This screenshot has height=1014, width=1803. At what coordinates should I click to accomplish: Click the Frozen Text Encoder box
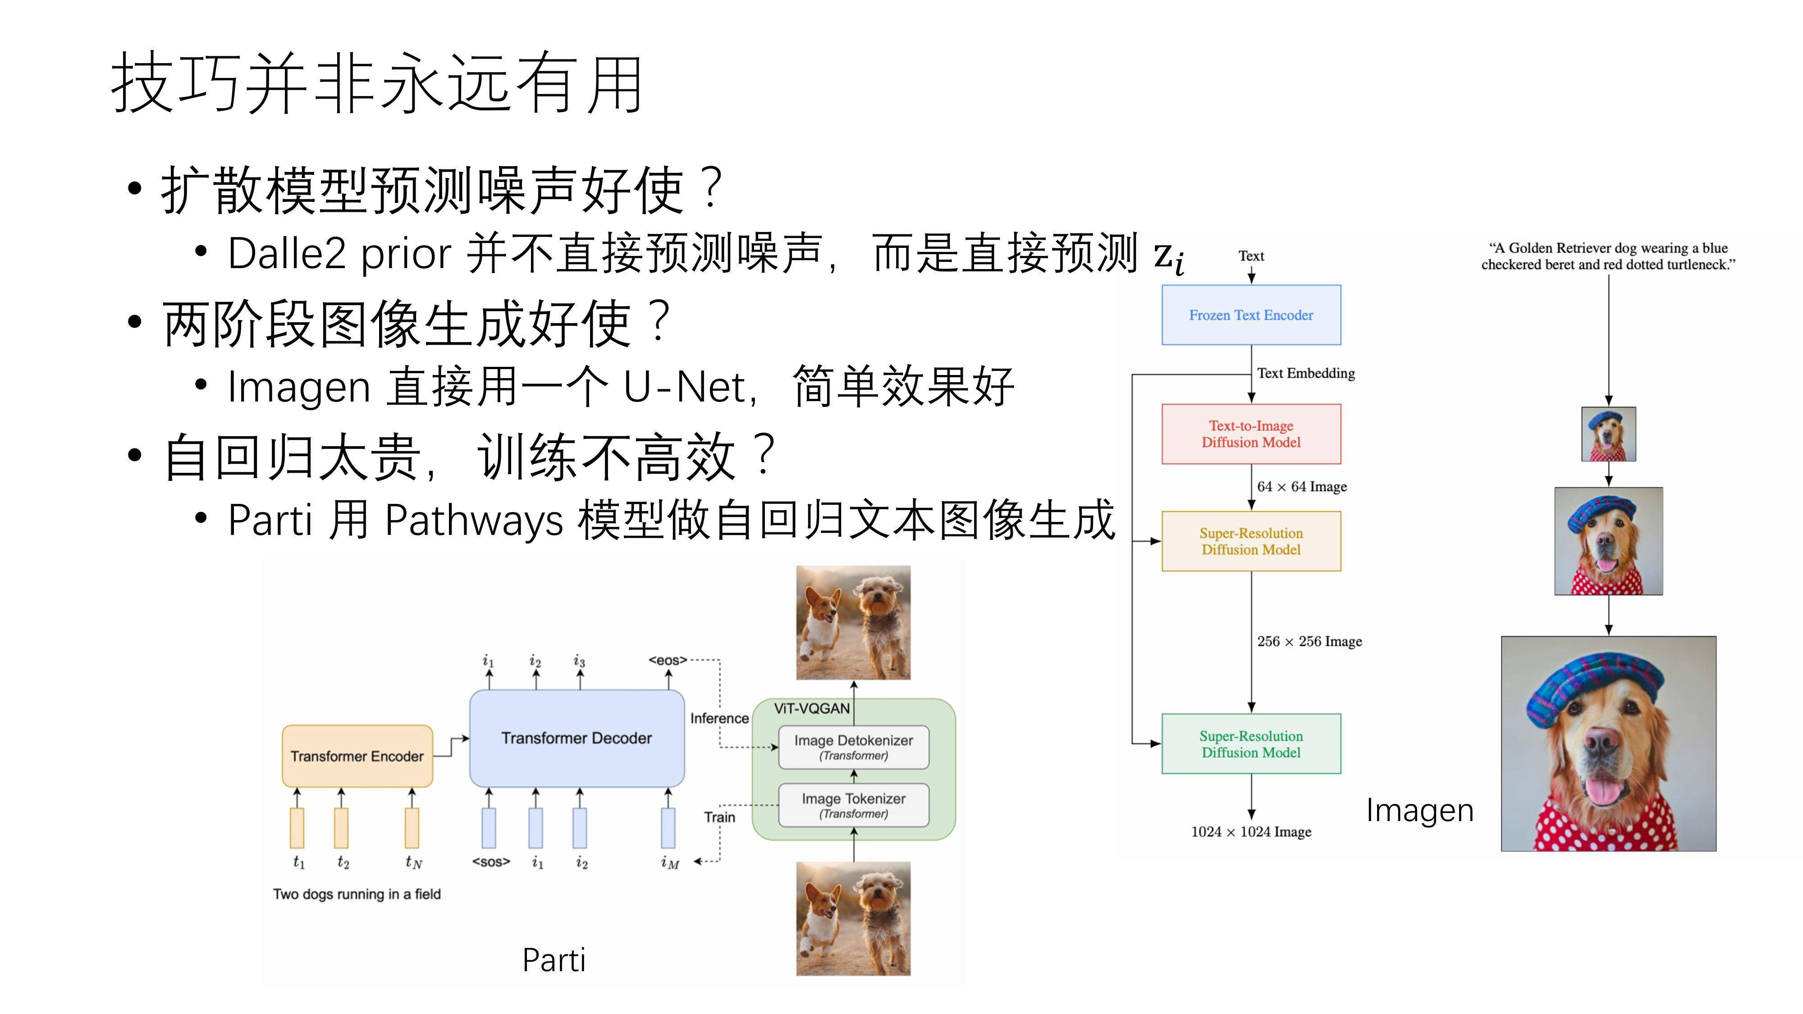1251,315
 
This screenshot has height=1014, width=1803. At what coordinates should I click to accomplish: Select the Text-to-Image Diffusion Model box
1251,434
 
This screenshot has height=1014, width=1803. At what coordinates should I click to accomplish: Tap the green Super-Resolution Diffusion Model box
1251,744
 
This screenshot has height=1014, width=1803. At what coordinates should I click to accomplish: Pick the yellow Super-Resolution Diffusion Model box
1251,541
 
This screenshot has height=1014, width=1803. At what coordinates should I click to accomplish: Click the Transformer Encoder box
357,756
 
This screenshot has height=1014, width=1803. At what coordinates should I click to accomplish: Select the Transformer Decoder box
576,738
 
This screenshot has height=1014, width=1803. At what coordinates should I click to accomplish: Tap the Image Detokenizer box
853,747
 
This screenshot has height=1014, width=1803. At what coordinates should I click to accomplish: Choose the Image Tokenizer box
853,805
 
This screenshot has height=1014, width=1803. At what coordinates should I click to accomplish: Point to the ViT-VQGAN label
811,708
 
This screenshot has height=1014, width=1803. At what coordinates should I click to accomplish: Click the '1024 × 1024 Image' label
1251,831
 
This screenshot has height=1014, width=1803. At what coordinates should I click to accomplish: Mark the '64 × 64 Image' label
1301,486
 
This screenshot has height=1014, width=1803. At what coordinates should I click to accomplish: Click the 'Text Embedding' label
1305,373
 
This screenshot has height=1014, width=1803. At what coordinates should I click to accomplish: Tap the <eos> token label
668,660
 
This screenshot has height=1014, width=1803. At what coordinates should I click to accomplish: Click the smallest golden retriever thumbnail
1608,434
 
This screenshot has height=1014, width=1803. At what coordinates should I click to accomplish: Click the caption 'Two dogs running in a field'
357,894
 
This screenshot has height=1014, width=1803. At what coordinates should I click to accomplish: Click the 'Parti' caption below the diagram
554,959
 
